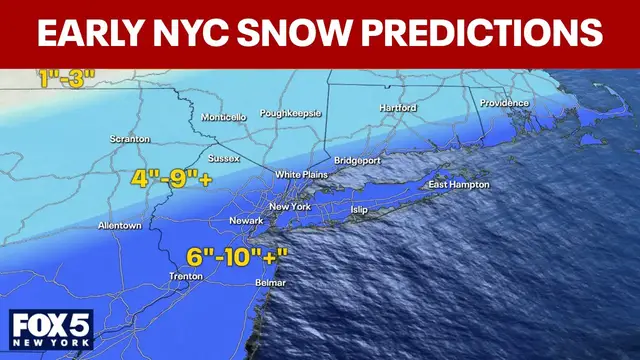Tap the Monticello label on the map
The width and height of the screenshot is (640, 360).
pos(223,117)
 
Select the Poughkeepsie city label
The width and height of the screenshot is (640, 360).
pos(290,114)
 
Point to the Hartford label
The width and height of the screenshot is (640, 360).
pos(398,107)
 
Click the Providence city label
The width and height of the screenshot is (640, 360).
pos(504,103)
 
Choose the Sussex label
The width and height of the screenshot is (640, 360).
pos(223,158)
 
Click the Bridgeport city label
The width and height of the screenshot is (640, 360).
pos(359,161)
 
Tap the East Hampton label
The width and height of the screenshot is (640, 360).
pos(459,185)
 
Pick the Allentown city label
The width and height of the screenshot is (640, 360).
pos(119,226)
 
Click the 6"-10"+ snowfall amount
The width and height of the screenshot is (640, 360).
pos(237,256)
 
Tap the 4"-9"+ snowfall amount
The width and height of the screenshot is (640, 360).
pos(173,181)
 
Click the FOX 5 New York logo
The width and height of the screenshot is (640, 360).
pos(51,328)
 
